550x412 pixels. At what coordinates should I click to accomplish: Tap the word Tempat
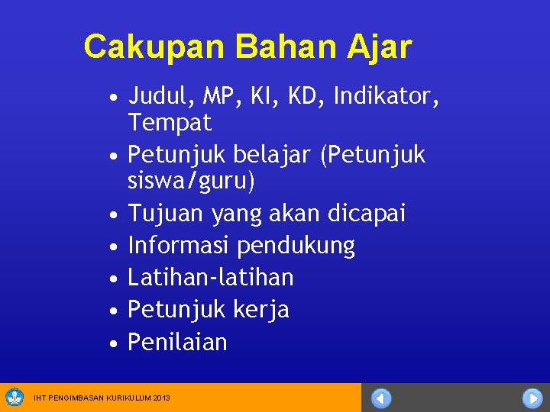[170, 122]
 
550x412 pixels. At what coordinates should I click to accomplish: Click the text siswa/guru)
[191, 182]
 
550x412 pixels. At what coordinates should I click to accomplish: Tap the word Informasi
[179, 246]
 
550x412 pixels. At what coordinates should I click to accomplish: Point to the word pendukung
[296, 246]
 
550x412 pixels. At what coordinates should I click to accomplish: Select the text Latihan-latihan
[210, 277]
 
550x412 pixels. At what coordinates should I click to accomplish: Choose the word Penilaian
[177, 342]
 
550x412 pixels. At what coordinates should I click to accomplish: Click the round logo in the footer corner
[15, 398]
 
